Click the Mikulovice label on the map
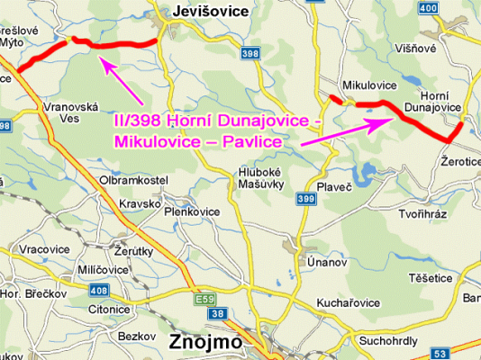click(369, 85)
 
